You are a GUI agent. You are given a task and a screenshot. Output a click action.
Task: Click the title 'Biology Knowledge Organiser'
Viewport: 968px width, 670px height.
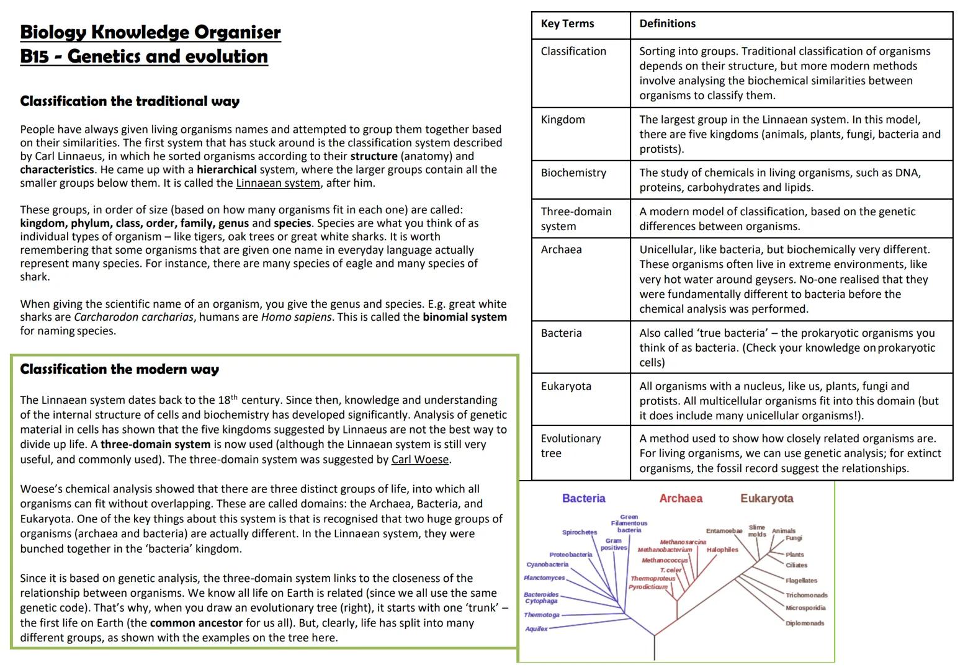coord(150,32)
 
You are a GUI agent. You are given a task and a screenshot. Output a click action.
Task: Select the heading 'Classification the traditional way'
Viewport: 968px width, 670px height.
coord(130,101)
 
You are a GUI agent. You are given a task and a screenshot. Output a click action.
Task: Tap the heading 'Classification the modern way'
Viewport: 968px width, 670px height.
coord(119,369)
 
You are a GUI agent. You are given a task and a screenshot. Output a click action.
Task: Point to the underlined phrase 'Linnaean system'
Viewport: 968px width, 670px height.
coord(278,183)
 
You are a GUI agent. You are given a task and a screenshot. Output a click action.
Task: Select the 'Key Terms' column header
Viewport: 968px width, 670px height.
coord(567,24)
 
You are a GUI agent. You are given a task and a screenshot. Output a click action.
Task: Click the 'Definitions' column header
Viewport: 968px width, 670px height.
coord(667,24)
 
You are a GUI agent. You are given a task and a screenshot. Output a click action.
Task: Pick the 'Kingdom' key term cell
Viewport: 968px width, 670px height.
coord(562,120)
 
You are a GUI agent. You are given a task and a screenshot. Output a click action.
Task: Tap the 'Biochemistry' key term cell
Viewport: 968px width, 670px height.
coord(573,173)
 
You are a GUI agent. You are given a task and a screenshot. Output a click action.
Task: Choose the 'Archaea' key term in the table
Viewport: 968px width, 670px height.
coord(561,249)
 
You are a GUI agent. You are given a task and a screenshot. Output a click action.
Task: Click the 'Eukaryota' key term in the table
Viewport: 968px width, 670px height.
coord(566,386)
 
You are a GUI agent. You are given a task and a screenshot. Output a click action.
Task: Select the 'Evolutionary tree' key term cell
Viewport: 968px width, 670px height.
coord(570,445)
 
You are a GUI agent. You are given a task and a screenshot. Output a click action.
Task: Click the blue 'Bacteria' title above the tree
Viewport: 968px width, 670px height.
coord(583,498)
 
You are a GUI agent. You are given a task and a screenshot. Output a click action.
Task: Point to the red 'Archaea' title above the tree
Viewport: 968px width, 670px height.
coord(681,498)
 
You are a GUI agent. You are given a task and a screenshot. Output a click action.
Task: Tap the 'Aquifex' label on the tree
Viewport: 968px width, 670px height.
coord(536,629)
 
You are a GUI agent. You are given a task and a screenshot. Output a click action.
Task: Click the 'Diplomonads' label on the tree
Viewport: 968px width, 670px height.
coord(805,623)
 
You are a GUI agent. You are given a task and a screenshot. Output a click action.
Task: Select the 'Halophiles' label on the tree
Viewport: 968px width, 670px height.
coord(722,550)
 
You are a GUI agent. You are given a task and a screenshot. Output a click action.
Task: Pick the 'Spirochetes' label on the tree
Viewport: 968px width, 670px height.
coord(579,532)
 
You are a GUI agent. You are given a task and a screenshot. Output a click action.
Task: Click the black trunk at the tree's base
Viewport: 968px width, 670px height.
coord(654,648)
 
